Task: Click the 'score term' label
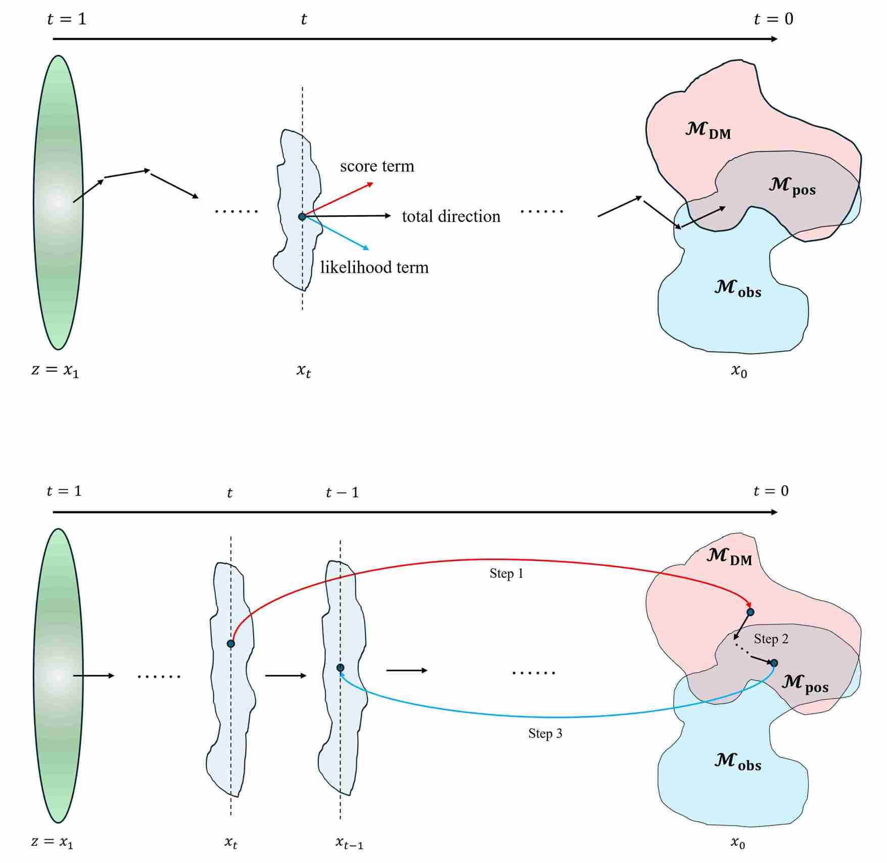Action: point(377,166)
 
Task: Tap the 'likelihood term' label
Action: point(374,267)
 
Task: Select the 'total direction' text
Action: point(451,216)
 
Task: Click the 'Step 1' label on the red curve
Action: point(506,573)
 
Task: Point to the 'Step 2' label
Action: point(771,639)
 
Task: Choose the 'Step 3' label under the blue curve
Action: point(545,734)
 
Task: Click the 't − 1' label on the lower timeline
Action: point(342,493)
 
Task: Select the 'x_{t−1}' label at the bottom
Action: point(349,842)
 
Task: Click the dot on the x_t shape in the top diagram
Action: point(302,217)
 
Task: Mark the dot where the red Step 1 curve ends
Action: point(750,612)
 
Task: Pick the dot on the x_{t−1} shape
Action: point(340,668)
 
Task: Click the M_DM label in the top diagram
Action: point(708,130)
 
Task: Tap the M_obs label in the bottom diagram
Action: point(737,761)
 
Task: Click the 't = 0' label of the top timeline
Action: point(773,19)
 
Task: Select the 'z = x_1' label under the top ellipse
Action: point(55,370)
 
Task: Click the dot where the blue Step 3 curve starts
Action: point(774,663)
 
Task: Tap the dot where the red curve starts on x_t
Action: point(230,644)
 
